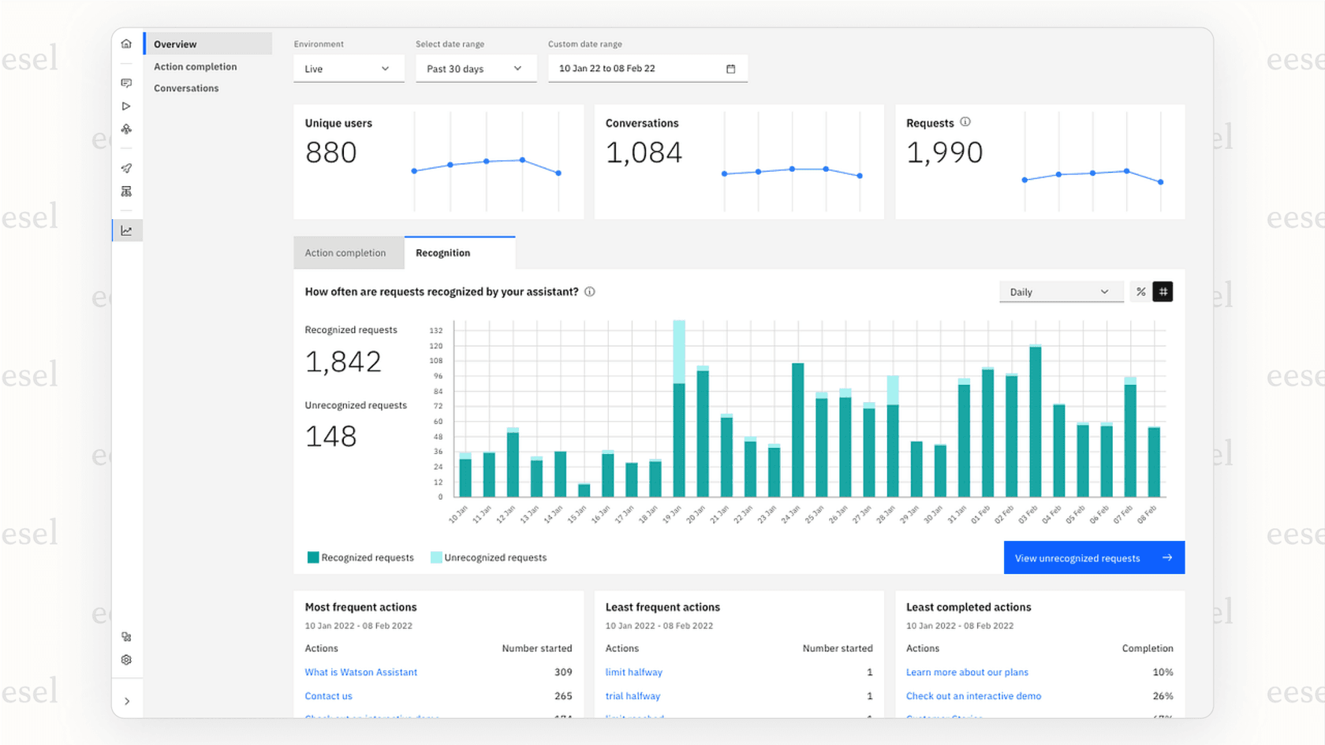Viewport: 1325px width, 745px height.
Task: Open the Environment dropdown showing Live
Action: [x=348, y=69]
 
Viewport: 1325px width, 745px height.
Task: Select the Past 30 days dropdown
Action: [x=475, y=69]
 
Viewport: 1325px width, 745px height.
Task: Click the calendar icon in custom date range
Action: [x=730, y=69]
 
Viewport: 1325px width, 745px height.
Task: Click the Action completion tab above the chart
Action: [x=345, y=253]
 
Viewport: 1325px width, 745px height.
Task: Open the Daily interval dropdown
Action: [x=1059, y=292]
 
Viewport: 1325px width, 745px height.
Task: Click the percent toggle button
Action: [x=1140, y=292]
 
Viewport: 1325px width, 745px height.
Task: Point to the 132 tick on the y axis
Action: [x=436, y=330]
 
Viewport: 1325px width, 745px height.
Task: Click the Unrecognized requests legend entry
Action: [x=488, y=557]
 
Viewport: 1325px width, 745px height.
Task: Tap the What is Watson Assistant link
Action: [x=360, y=672]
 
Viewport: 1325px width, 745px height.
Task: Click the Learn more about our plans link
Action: [x=967, y=672]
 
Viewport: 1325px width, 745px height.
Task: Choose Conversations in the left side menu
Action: [x=186, y=88]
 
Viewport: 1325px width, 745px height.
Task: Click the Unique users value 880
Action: [x=331, y=153]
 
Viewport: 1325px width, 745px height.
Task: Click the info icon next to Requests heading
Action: [x=965, y=122]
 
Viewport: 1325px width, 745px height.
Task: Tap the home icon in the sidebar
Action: [x=126, y=44]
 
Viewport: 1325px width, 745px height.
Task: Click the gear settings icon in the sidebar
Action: [x=126, y=660]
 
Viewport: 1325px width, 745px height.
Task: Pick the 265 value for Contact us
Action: [x=563, y=696]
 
